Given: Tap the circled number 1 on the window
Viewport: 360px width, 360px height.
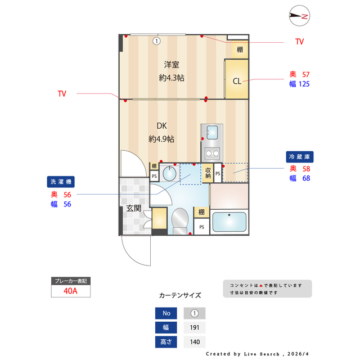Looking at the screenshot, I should click(156, 40).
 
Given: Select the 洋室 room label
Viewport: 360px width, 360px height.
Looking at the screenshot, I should click(172, 65).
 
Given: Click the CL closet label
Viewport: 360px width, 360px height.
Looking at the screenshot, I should click(237, 81).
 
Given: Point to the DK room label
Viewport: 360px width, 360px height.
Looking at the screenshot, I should click(161, 126).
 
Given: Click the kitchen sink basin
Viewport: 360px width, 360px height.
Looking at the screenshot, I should click(212, 132).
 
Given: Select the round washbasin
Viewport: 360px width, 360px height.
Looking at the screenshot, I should click(168, 174).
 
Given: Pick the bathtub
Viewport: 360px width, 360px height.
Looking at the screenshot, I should click(228, 222).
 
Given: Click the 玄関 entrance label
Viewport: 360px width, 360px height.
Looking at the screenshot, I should click(133, 208).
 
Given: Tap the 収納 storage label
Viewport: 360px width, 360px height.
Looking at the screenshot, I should click(208, 173).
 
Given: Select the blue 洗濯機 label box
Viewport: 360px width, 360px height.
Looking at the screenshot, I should click(61, 182).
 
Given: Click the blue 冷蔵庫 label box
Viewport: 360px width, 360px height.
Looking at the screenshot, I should click(300, 156).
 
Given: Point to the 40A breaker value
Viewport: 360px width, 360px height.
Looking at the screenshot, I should click(70, 291).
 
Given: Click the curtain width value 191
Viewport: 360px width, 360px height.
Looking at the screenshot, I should click(195, 327).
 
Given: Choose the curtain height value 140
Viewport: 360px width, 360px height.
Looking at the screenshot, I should click(195, 342).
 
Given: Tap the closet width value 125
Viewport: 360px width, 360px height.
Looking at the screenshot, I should click(303, 84).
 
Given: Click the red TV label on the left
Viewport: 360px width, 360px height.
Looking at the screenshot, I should click(62, 94).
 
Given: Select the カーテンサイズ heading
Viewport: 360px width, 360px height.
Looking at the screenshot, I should click(180, 295).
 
